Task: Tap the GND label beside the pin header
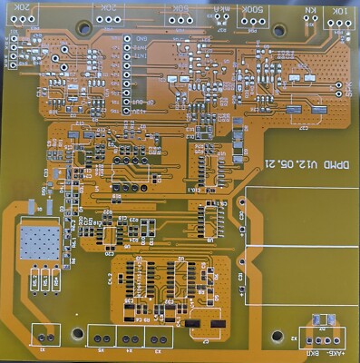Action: coord(141,39)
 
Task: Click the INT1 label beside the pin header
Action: coord(141,56)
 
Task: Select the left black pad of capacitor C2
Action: coord(193,323)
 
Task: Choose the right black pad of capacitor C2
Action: coord(217,323)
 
